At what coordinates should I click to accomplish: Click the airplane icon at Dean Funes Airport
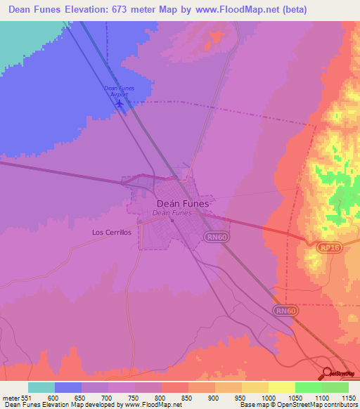pyautogui.click(x=120, y=104)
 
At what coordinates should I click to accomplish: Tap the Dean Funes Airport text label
pyautogui.click(x=118, y=91)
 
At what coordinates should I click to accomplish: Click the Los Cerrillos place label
pyautogui.click(x=112, y=232)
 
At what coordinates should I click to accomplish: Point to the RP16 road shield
pyautogui.click(x=326, y=248)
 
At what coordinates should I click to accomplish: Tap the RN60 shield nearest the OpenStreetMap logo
pyautogui.click(x=283, y=310)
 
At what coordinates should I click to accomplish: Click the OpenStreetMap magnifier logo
pyautogui.click(x=327, y=373)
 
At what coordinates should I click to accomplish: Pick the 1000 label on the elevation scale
pyautogui.click(x=269, y=397)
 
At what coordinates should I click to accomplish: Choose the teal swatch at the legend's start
pyautogui.click(x=41, y=387)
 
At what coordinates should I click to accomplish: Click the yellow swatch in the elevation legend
pyautogui.click(x=282, y=387)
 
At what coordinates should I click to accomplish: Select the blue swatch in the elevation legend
pyautogui.click(x=68, y=387)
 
